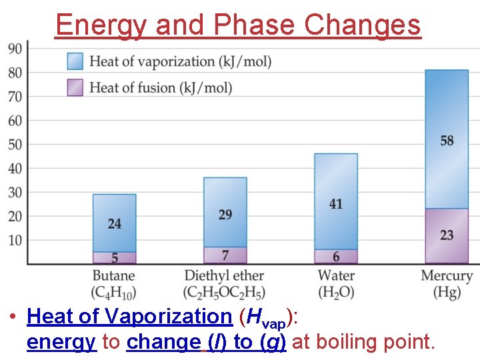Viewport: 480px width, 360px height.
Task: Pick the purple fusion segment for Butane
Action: (x=114, y=257)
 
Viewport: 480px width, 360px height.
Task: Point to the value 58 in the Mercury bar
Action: (x=447, y=141)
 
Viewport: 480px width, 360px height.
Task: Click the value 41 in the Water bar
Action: (x=336, y=204)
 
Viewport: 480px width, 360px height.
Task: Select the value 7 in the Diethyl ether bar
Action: (x=225, y=255)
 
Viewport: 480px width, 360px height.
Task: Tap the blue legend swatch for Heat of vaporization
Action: (x=75, y=61)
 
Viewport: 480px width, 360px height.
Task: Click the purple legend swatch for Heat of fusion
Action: (x=75, y=87)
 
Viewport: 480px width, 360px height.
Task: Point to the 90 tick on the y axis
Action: (x=15, y=49)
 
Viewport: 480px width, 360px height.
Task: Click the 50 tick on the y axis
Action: (x=15, y=145)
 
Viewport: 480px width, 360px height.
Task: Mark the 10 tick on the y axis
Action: (x=15, y=240)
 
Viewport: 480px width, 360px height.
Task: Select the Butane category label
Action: (x=113, y=276)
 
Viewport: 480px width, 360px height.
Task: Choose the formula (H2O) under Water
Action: (x=336, y=293)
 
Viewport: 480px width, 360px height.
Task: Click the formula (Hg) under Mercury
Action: (x=447, y=293)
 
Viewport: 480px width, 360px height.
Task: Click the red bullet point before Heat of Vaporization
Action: (x=13, y=316)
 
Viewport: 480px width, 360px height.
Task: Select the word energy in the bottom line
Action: (x=62, y=342)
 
